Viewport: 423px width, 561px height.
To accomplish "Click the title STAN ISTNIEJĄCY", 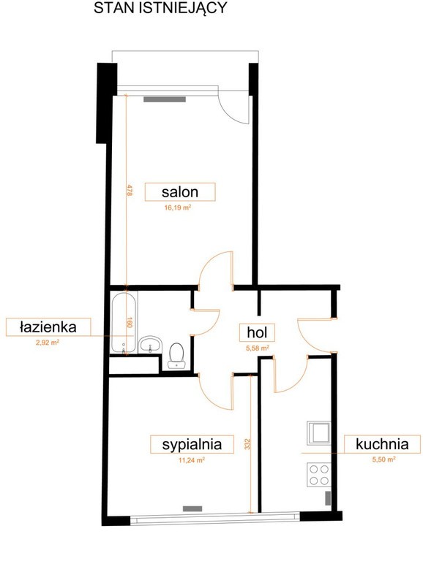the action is tap(160, 8).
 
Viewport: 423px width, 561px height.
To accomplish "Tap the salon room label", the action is tap(180, 192).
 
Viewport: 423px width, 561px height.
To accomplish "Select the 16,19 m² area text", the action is tap(177, 207).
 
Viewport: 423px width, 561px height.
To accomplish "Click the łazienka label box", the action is tap(48, 327).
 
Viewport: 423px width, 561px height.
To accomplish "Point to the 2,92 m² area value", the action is tap(48, 343).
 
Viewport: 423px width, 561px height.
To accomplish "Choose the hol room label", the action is tap(257, 332).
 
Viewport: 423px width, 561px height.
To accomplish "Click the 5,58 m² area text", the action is tap(258, 348).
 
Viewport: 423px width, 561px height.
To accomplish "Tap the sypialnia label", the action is tap(192, 444).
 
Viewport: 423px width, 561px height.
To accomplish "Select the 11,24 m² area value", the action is tap(192, 460).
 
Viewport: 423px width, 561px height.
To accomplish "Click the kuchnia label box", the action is tap(382, 444).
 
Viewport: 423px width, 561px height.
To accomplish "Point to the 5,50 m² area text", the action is tap(383, 459).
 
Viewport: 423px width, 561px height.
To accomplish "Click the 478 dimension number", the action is tap(130, 190).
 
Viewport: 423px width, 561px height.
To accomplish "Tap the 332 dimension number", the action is tap(247, 444).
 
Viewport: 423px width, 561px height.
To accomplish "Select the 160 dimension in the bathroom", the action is tap(130, 323).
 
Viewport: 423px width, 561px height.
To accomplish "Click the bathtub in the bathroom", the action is tap(124, 323).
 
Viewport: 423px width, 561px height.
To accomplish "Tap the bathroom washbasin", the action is tap(150, 345).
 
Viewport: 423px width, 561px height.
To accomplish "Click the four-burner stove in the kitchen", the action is tap(318, 474).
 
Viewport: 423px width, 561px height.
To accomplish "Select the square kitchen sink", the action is tap(318, 433).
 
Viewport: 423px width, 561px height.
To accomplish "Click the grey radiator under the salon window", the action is tap(165, 99).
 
